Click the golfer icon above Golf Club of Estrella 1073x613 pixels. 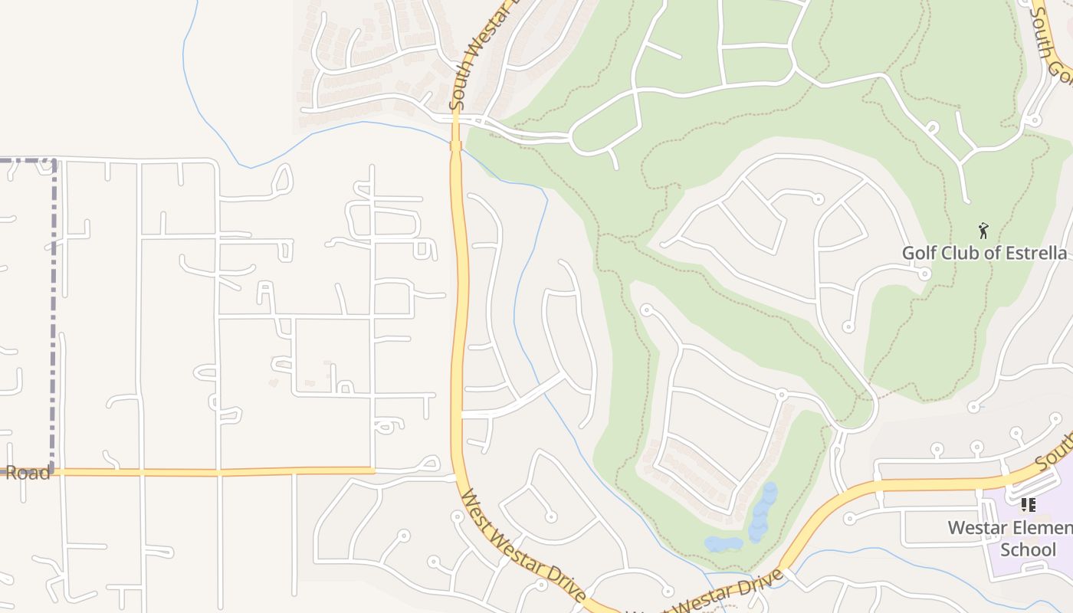point(983,229)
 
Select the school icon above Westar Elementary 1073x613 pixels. point(1028,505)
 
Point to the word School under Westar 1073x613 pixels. point(1028,549)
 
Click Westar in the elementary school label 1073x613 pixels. point(976,528)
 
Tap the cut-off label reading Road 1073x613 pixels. point(27,472)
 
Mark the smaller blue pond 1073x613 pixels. point(724,543)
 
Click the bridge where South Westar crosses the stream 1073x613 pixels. point(455,145)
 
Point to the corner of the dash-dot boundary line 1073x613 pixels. point(54,161)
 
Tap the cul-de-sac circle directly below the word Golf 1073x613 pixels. point(925,274)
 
